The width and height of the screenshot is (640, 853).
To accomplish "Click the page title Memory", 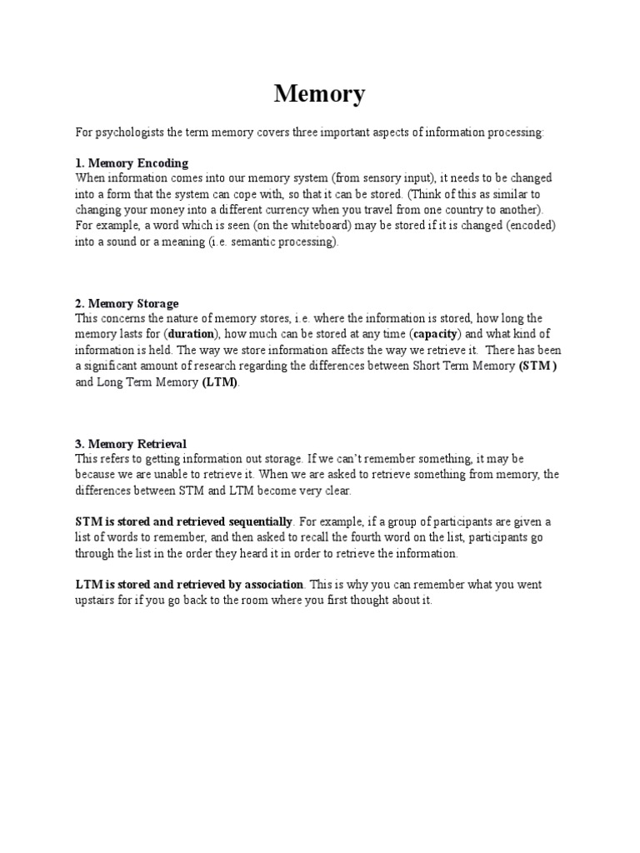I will point(320,95).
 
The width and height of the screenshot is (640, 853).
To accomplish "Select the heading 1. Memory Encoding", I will point(132,162).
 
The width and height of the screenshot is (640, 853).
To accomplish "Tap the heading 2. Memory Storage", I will point(127,303).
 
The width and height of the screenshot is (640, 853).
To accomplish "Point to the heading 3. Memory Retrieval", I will point(131,444).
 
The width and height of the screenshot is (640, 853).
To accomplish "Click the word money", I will point(167,210).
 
